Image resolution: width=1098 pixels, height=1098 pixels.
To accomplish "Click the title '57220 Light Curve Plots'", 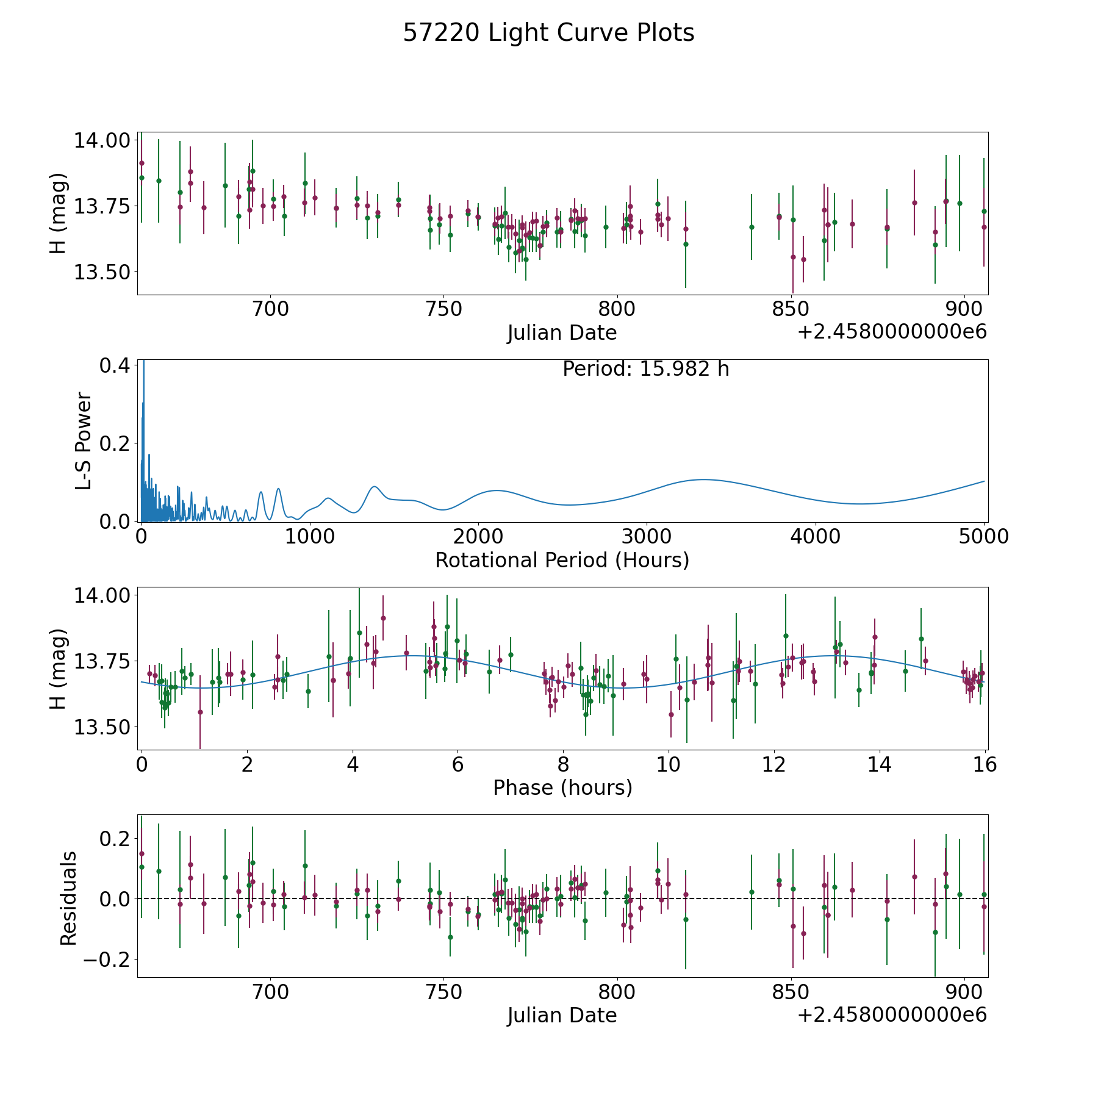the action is coord(548,33).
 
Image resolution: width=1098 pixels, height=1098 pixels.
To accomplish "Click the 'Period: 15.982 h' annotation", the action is coord(646,369).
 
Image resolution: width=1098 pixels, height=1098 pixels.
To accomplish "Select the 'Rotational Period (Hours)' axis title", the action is coord(562,560).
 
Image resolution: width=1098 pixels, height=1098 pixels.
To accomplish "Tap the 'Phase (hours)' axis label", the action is coord(562,788).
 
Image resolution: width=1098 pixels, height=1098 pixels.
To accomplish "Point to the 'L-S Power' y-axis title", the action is coord(84,440).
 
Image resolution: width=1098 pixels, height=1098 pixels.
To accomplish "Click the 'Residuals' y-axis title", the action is coord(68,898).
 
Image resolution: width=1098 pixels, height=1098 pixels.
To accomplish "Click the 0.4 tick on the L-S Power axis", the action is coord(115,365).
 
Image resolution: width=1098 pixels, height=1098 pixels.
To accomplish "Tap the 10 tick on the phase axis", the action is coord(669,764).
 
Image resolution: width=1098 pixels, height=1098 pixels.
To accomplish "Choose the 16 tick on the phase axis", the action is coord(985,764).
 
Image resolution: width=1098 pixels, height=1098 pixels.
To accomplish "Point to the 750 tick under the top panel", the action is coord(443,309).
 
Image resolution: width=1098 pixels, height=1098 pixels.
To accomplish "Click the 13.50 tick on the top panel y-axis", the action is coord(102,272).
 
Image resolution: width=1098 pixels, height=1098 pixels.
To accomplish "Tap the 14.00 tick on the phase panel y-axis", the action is coord(102,595).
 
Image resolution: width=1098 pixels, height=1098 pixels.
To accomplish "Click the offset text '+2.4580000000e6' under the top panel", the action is coord(892,332).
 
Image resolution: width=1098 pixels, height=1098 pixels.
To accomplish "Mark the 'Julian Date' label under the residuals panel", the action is coord(562,1015).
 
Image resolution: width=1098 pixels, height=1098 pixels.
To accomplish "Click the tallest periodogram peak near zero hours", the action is coord(144,361).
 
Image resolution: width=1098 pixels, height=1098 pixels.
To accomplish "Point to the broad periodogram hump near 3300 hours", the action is coord(703,479).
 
